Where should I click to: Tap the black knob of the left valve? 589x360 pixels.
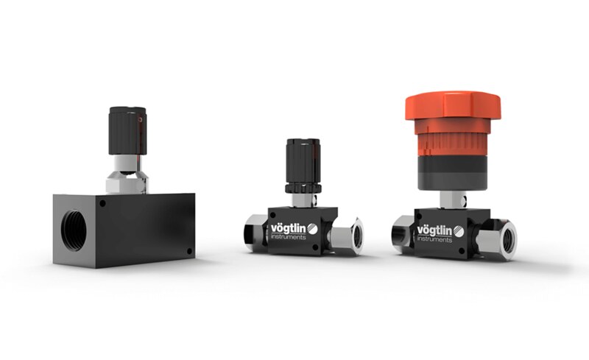(x=127, y=131)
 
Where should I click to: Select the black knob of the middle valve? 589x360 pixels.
(x=303, y=163)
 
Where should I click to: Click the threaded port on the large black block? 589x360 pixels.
(x=71, y=230)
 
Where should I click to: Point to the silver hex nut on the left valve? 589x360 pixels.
(x=127, y=179)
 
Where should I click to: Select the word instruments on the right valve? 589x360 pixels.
(x=436, y=239)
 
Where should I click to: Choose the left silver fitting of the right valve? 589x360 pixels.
(x=402, y=233)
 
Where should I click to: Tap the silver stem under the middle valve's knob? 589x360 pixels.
(x=303, y=200)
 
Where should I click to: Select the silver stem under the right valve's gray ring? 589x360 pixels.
(x=450, y=199)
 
